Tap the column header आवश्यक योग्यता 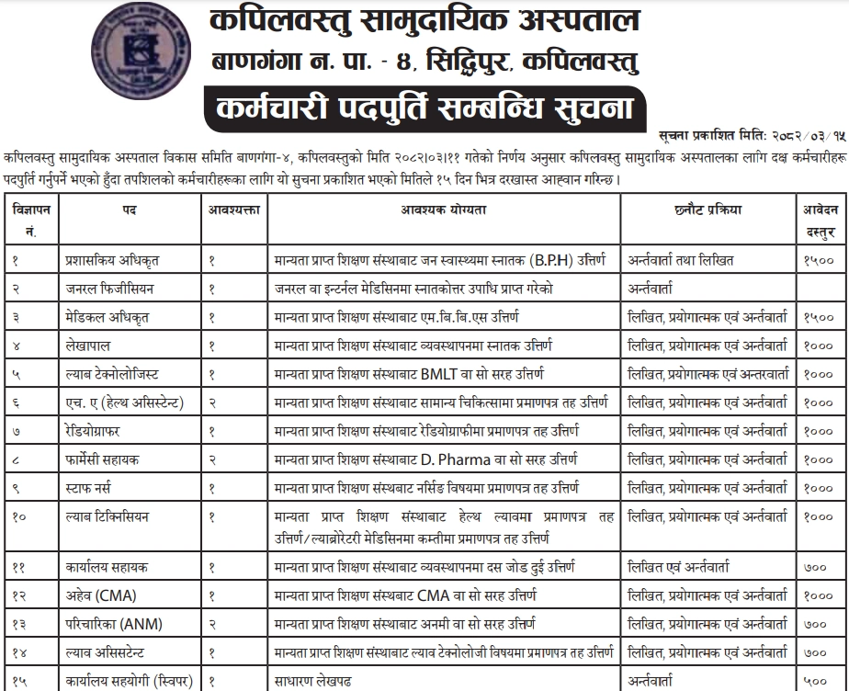[x=444, y=210]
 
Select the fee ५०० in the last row [x=816, y=682]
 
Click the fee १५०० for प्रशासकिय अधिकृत [x=816, y=261]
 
